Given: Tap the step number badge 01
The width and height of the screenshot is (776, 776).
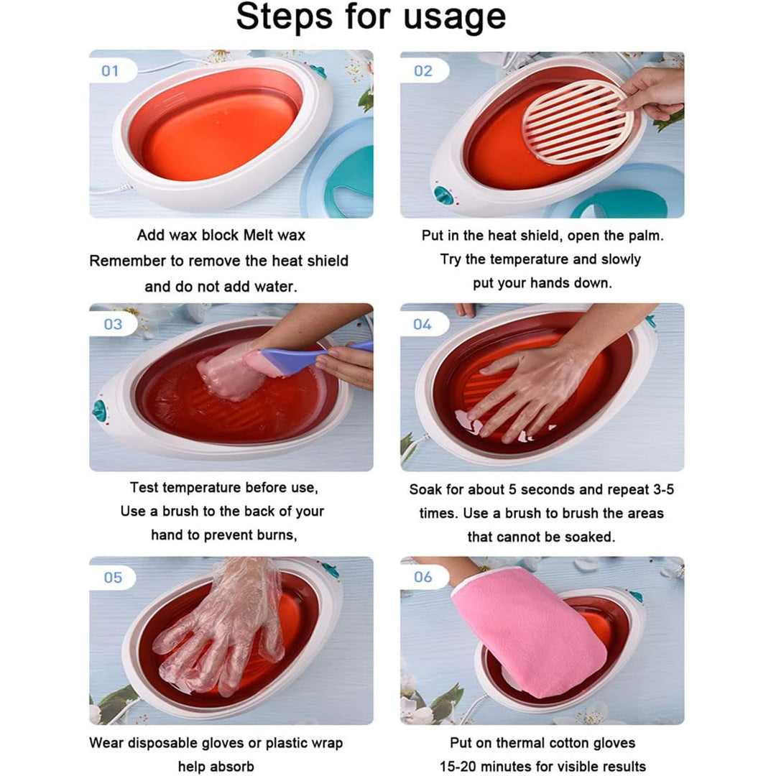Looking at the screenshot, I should click(x=110, y=71).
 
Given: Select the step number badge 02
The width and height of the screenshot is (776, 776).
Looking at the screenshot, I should click(x=423, y=71).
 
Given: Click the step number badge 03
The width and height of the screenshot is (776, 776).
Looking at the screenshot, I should click(x=113, y=324).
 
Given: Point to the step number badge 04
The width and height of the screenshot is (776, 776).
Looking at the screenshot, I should click(x=422, y=324).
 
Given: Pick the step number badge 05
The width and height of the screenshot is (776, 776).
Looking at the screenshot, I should click(x=113, y=578).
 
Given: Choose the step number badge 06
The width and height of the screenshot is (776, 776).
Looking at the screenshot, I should click(x=423, y=578).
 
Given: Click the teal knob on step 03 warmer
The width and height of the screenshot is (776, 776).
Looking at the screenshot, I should click(x=99, y=411).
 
